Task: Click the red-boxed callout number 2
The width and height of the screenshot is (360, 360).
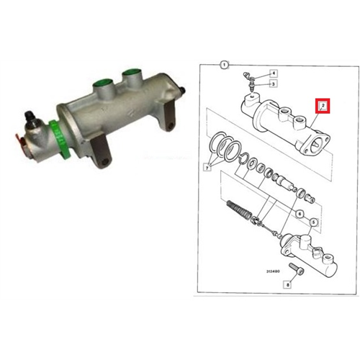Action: coord(323,106)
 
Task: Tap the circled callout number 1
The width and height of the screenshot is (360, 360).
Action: coord(224,65)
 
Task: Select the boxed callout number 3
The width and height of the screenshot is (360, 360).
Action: coord(273,84)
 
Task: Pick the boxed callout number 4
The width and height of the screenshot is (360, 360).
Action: coord(273,73)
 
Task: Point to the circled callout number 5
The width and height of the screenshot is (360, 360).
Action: coord(313,222)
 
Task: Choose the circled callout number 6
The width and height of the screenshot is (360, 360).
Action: coord(300,213)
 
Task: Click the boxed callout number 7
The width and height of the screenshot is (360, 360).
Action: coord(207,168)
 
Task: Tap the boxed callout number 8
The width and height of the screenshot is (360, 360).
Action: coord(288,284)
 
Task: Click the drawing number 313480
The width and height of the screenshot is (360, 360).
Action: coord(273,271)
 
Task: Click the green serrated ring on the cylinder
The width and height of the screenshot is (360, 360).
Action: coord(60,139)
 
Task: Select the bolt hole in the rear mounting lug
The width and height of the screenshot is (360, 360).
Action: coord(171,125)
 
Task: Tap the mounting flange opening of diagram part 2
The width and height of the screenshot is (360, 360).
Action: coord(315,145)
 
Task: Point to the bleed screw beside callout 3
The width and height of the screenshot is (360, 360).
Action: coord(251,87)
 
